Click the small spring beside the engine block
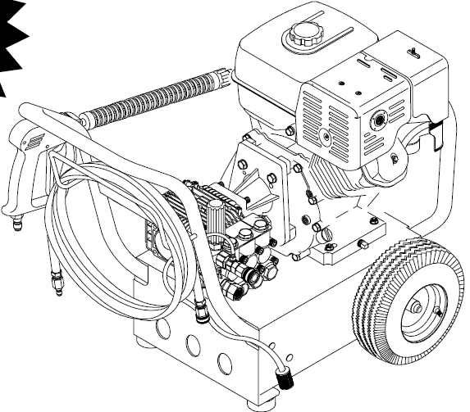point(311,197)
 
